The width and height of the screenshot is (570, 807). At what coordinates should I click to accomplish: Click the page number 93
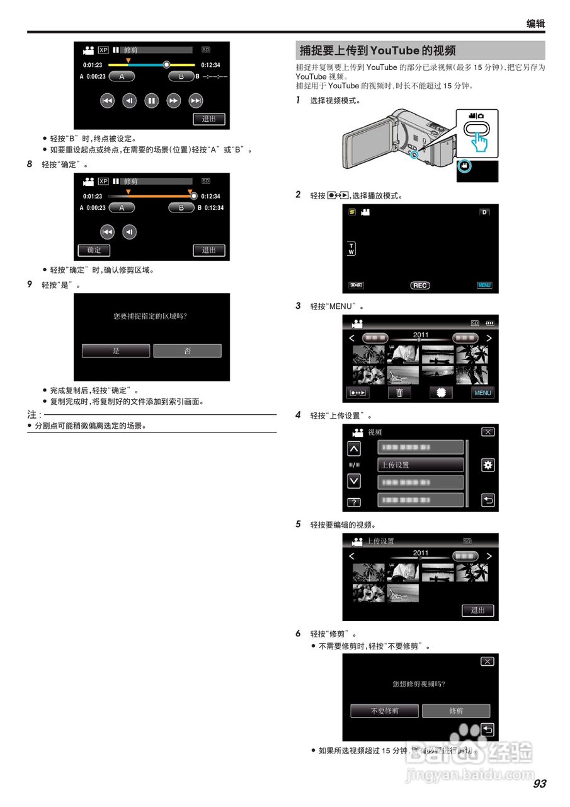[x=539, y=784]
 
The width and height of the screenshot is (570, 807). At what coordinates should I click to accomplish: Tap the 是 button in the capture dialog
[x=116, y=351]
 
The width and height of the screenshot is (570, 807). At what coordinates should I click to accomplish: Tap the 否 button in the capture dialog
[x=187, y=351]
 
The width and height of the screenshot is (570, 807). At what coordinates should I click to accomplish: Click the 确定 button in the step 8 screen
[x=94, y=250]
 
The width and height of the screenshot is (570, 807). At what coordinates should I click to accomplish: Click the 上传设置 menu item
[x=420, y=465]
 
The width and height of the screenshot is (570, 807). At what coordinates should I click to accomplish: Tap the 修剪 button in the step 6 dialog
[x=456, y=711]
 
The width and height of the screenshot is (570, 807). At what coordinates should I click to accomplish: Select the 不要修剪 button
[x=384, y=711]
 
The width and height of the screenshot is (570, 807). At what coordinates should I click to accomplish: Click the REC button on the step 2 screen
[x=419, y=286]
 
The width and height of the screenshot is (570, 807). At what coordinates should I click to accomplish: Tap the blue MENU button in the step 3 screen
[x=482, y=393]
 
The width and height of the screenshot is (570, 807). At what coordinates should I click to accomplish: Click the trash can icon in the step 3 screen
[x=399, y=393]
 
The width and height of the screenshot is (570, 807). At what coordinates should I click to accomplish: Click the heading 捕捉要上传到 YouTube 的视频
[x=378, y=50]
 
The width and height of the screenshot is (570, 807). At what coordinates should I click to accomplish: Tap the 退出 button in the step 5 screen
[x=478, y=610]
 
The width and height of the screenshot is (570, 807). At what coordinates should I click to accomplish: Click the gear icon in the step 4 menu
[x=487, y=465]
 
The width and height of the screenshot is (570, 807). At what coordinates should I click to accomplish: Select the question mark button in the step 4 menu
[x=354, y=502]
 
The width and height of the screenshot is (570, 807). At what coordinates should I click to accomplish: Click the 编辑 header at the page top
[x=535, y=24]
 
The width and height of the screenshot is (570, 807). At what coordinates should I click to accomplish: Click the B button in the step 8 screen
[x=181, y=207]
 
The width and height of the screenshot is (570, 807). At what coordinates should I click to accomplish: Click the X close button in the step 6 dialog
[x=487, y=661]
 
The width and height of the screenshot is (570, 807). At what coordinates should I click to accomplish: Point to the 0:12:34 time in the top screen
[x=210, y=64]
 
